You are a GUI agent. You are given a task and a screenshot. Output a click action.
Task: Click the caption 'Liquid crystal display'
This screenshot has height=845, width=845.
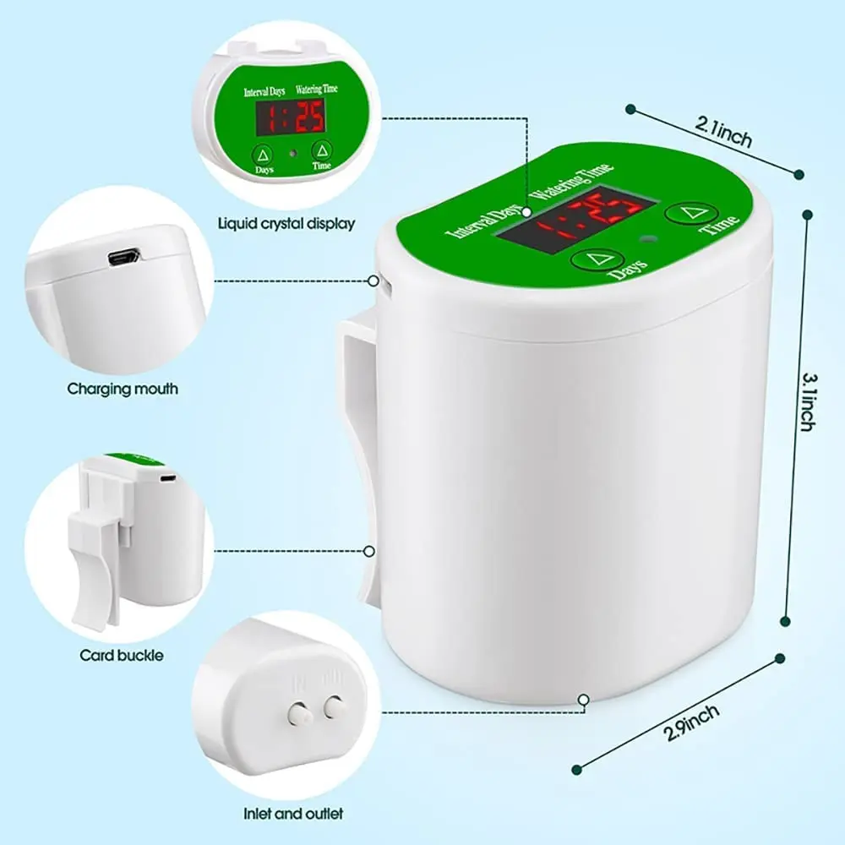[286, 224]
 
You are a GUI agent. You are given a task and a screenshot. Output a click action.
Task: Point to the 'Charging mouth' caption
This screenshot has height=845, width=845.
[123, 390]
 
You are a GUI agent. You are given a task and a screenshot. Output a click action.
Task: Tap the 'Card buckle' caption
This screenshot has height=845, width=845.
[122, 655]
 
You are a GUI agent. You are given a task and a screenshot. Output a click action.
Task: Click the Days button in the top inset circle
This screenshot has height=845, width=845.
[264, 154]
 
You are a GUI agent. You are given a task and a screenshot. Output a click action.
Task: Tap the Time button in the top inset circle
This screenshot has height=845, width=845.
[321, 150]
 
